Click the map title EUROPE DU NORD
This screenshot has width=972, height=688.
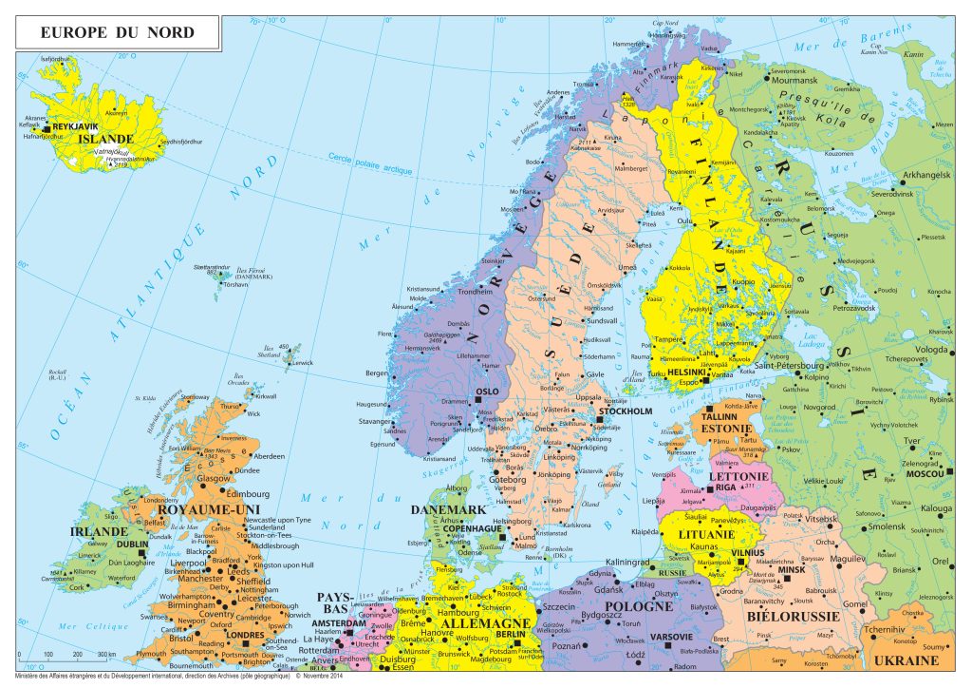coord(118,32)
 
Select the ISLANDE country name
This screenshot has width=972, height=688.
coord(105,139)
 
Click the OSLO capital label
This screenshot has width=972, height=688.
coord(487,391)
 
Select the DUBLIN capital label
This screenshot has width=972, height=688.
coord(133,545)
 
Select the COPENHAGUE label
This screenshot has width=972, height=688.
coord(472,528)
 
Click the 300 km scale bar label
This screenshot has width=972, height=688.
coord(105,655)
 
